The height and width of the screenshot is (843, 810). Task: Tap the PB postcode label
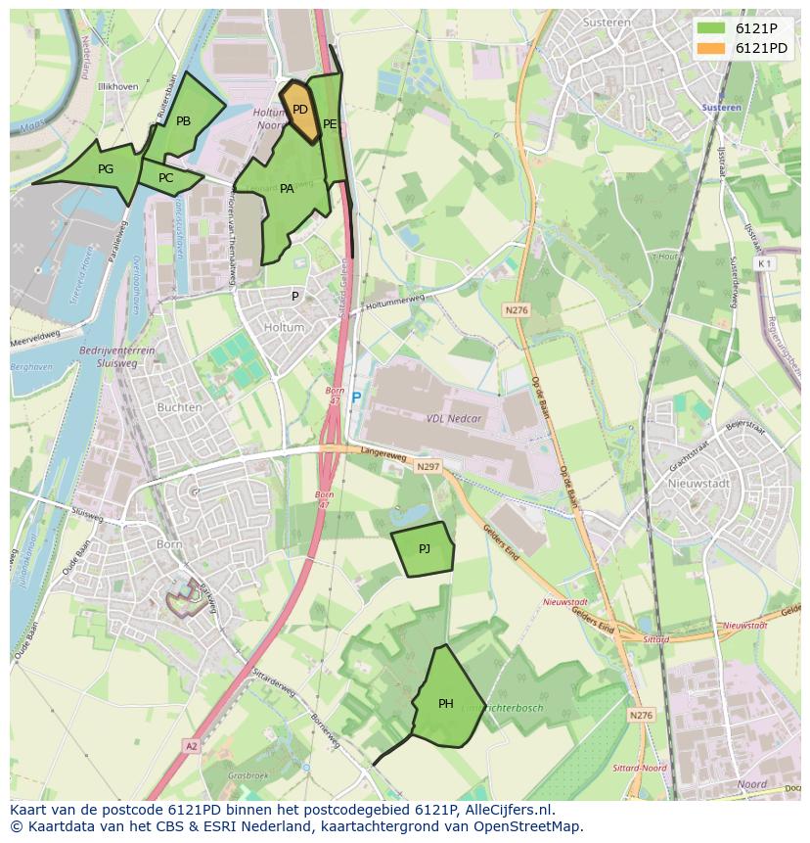point(183,121)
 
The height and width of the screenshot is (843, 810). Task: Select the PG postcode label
point(106,169)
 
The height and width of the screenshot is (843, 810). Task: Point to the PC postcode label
point(165,178)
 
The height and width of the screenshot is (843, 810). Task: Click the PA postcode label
point(287,189)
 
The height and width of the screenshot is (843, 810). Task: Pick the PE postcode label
point(330,124)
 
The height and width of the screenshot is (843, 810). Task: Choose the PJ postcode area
point(423,549)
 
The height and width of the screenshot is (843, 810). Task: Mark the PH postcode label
point(446,703)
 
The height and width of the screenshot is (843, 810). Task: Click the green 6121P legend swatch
point(710,28)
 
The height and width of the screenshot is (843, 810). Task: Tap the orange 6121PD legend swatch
point(710,48)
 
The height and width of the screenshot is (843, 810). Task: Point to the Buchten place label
point(179,407)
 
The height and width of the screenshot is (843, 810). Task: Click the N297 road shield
point(427,467)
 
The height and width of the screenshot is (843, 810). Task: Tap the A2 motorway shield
point(191,746)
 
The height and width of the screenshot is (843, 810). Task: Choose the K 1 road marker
point(764,263)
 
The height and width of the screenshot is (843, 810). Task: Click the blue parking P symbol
point(356,398)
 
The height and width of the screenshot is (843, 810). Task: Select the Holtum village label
point(285,328)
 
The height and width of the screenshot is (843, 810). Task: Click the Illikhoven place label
point(117,86)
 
